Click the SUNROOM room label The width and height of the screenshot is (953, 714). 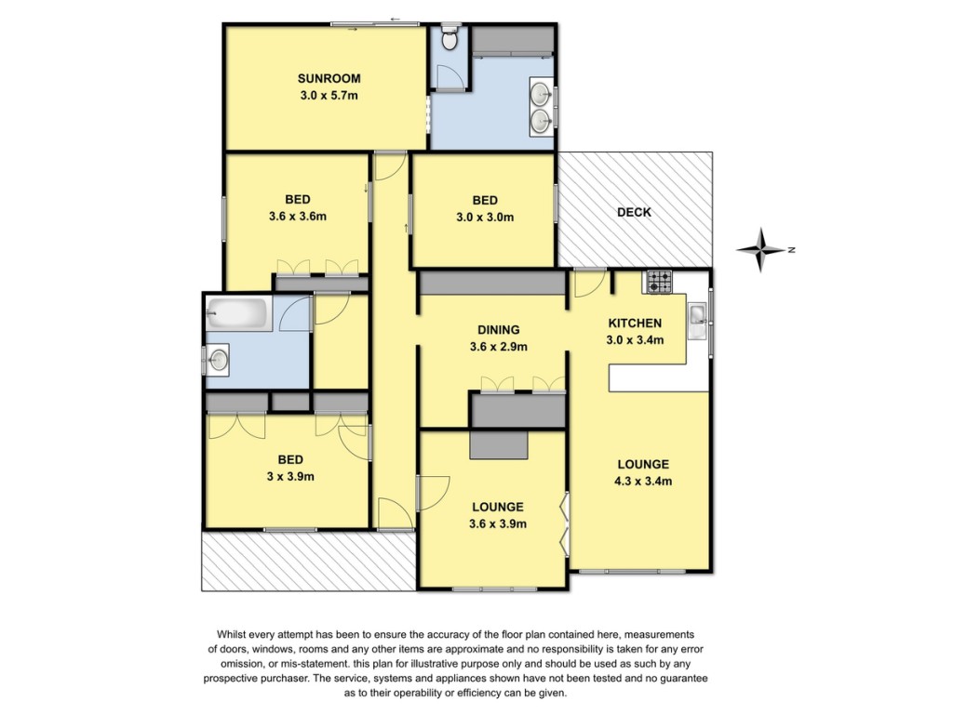click(x=329, y=78)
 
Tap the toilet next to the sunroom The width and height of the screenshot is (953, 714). click(x=450, y=37)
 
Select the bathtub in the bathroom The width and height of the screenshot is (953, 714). click(x=238, y=314)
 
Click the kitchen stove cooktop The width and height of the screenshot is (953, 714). click(x=660, y=283)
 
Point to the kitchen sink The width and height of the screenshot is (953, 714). click(x=697, y=321)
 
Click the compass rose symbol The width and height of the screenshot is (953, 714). click(x=760, y=249)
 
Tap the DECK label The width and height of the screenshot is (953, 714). click(x=634, y=213)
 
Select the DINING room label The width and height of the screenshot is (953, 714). click(x=499, y=330)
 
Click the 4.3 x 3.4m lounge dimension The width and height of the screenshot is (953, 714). click(x=643, y=482)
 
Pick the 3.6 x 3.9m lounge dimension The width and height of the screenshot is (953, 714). click(x=498, y=524)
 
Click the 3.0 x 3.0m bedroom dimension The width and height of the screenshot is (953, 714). click(x=485, y=218)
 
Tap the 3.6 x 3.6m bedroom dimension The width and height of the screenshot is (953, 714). click(x=298, y=216)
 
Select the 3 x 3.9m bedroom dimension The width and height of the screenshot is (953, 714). click(x=290, y=477)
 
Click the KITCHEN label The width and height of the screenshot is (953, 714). click(x=635, y=323)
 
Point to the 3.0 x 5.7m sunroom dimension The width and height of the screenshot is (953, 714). click(x=329, y=96)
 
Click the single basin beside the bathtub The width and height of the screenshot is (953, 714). click(x=218, y=360)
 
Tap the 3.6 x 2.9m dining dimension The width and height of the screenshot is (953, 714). click(x=499, y=348)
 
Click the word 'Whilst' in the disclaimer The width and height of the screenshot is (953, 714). click(x=231, y=634)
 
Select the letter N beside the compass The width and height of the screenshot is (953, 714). click(x=791, y=249)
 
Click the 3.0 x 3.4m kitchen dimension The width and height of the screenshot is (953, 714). click(x=635, y=340)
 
